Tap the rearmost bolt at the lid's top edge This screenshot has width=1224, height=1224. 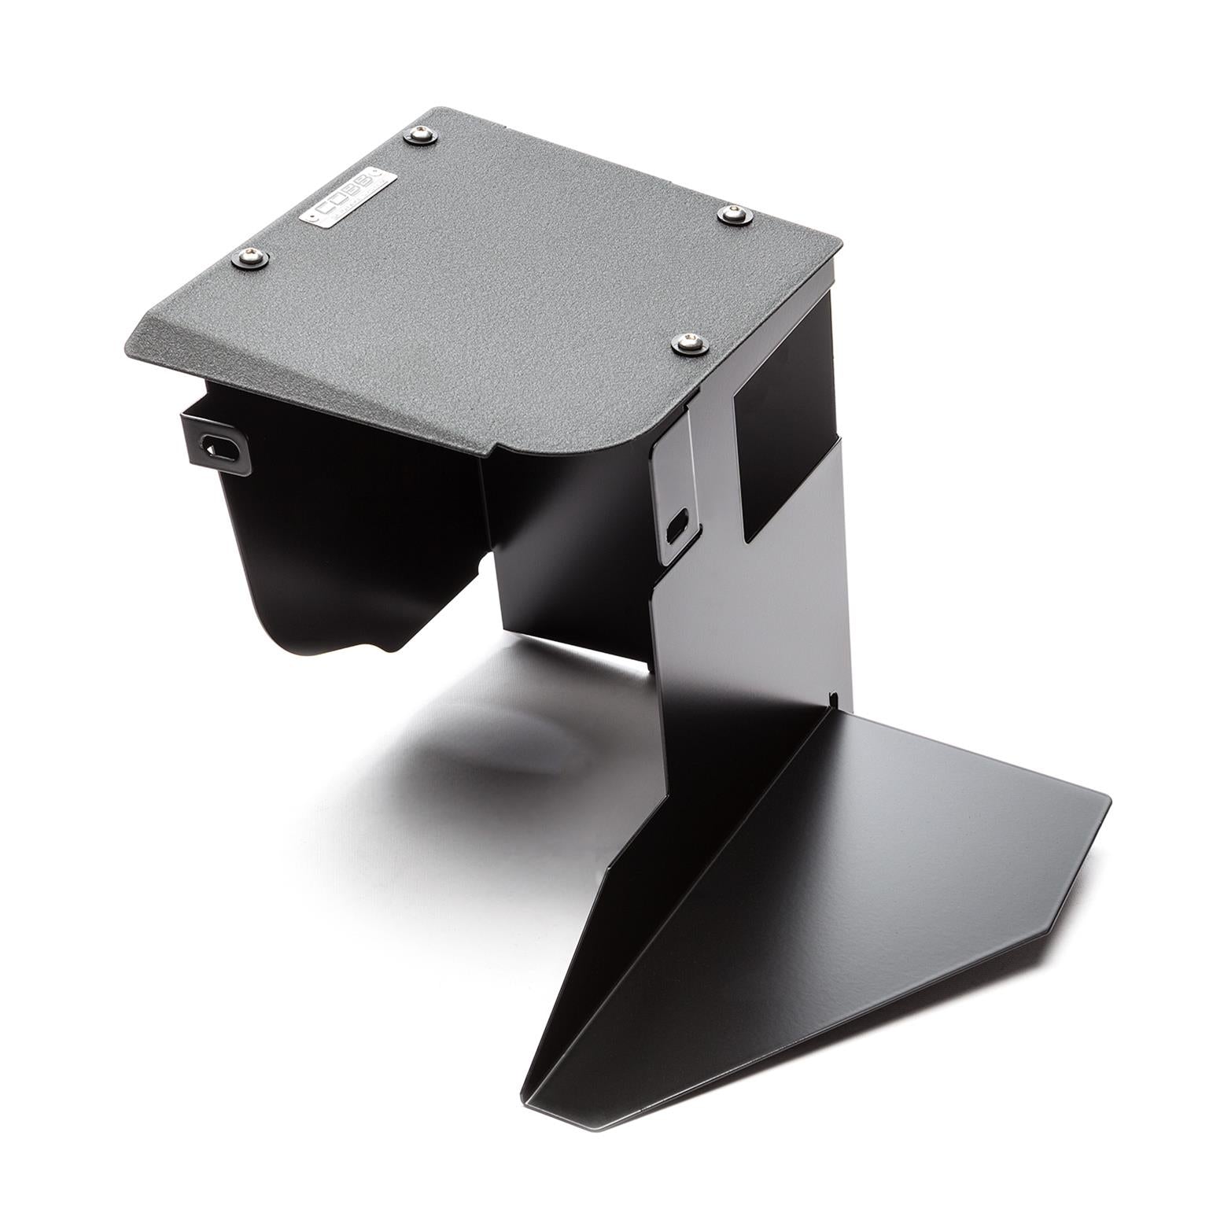click(418, 138)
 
